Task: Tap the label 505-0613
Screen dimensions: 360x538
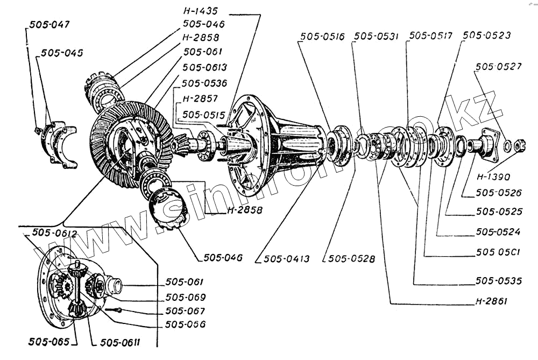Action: tap(204, 67)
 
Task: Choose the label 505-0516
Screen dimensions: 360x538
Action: tap(323, 37)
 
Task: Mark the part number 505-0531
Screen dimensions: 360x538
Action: tap(376, 37)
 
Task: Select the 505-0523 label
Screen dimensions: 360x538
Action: tap(486, 36)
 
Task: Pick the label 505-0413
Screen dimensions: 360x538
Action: tap(286, 259)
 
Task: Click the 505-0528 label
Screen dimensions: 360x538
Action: tap(351, 259)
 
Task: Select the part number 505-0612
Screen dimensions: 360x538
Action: tap(54, 233)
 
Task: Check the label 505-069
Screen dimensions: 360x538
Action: tap(186, 297)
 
